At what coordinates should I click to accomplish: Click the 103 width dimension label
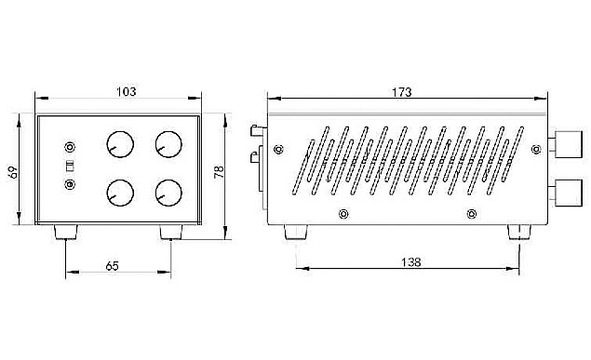click(x=126, y=91)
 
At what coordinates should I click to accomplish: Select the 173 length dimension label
click(x=402, y=92)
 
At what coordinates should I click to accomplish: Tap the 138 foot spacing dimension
click(x=410, y=262)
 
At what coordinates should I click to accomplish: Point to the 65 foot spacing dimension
click(x=112, y=266)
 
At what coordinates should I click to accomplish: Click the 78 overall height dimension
click(x=219, y=172)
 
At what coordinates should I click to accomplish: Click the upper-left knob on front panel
click(x=120, y=144)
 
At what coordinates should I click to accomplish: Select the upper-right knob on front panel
click(x=168, y=144)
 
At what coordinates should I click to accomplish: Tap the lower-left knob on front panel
click(x=120, y=193)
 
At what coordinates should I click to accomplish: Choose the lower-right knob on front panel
click(x=168, y=193)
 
